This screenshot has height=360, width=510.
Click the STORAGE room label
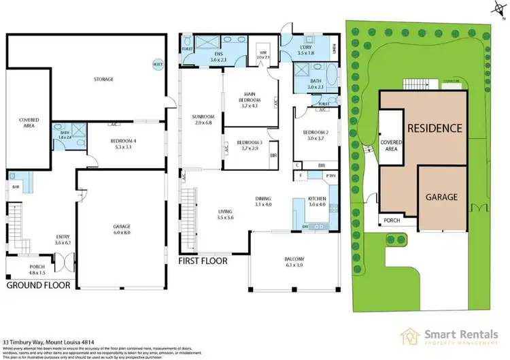point(104,79)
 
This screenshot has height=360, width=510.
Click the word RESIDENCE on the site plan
point(435,128)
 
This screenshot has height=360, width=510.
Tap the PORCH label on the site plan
point(390,220)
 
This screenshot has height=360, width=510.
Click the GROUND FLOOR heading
point(39,286)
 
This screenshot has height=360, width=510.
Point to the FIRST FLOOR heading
point(202,261)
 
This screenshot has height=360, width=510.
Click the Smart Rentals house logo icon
point(410,336)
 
